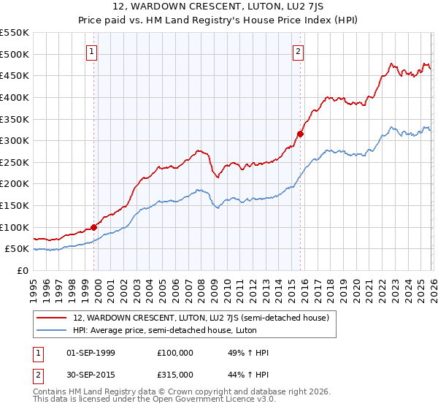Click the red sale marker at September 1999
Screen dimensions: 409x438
click(x=93, y=227)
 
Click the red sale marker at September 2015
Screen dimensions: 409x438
click(x=300, y=134)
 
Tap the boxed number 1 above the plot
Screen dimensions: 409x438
click(x=92, y=51)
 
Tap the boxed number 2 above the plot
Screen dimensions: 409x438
click(x=299, y=51)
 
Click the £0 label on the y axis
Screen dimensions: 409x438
click(x=22, y=270)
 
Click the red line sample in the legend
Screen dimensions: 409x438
click(x=52, y=318)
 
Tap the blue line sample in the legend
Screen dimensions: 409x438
click(x=52, y=329)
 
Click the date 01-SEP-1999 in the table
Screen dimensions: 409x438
click(x=91, y=353)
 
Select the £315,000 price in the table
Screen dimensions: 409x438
click(x=175, y=374)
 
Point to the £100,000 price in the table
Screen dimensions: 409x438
click(x=175, y=353)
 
